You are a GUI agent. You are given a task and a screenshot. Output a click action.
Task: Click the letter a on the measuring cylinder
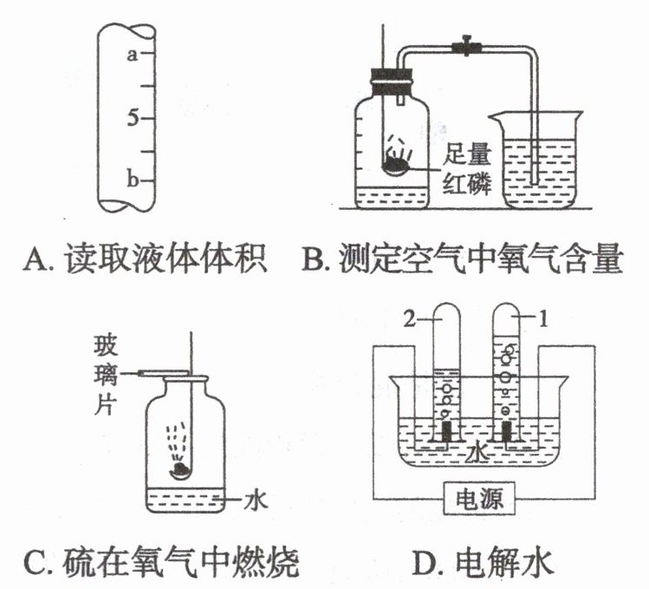(x=132, y=56)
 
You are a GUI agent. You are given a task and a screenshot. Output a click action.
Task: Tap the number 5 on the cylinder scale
(x=133, y=118)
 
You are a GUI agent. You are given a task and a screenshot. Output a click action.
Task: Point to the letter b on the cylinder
(x=133, y=180)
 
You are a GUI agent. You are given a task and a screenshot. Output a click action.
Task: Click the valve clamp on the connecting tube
(x=469, y=44)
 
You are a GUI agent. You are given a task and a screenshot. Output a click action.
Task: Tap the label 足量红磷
(x=467, y=169)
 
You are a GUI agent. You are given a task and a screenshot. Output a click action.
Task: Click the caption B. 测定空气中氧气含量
(x=462, y=259)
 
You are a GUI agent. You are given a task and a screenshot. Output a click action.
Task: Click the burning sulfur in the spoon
(x=182, y=469)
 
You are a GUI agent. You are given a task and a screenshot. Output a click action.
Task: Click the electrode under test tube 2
(x=445, y=432)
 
